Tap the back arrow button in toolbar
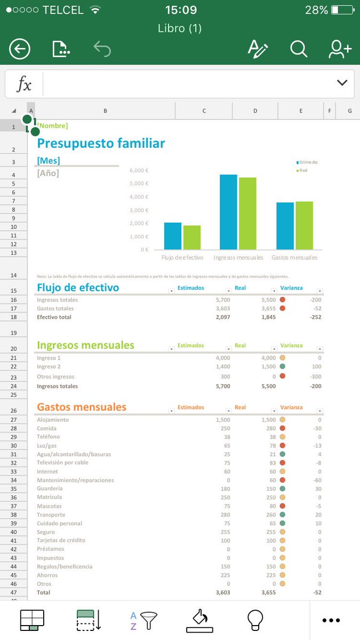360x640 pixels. click(20, 50)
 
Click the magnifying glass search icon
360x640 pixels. click(299, 49)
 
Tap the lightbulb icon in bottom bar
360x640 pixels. click(255, 620)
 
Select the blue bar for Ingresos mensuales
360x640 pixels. click(228, 212)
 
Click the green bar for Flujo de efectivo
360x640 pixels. click(192, 237)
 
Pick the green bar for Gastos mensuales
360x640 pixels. click(304, 226)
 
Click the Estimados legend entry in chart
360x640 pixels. click(307, 162)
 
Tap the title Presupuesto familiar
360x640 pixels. click(101, 143)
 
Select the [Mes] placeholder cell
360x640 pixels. click(49, 161)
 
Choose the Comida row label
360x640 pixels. click(46, 429)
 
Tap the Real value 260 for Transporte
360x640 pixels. click(270, 515)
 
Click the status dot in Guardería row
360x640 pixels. click(282, 489)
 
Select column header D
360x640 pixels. click(255, 111)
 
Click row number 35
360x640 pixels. click(13, 489)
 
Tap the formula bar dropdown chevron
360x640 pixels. click(342, 83)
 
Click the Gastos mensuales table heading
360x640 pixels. click(82, 407)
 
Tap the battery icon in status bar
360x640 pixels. click(341, 10)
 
